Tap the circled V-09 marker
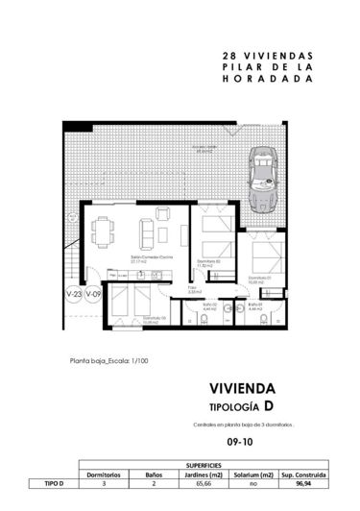click(x=93, y=294)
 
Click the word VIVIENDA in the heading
click(x=242, y=389)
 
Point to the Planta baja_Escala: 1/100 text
click(x=108, y=362)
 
